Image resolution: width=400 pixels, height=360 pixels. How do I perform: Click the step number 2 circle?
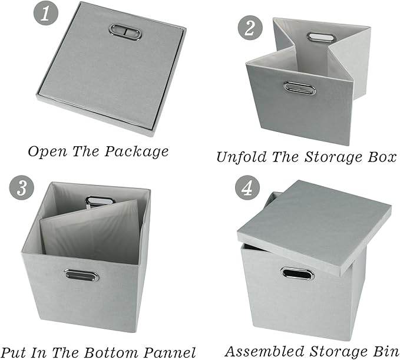[x=247, y=28]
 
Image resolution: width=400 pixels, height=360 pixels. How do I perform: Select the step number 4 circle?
[x=247, y=188]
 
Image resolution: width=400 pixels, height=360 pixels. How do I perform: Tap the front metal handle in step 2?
[x=299, y=88]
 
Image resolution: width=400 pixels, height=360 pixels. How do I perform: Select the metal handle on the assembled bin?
[x=297, y=273]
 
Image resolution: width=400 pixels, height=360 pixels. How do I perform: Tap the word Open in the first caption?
[x=48, y=151]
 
